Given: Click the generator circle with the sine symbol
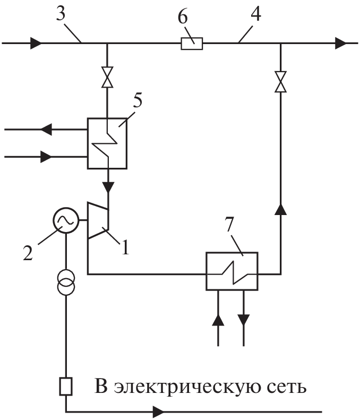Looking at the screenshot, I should (x=66, y=219).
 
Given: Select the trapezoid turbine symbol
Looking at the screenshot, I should (x=98, y=221).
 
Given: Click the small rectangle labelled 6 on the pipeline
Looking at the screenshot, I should (x=192, y=44).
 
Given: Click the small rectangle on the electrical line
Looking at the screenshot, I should (x=66, y=387).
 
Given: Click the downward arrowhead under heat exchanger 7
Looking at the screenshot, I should (x=244, y=320).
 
